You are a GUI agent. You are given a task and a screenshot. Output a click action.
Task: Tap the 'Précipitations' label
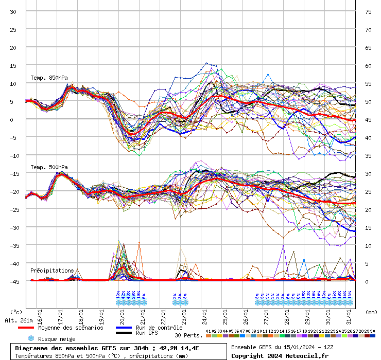(52, 270)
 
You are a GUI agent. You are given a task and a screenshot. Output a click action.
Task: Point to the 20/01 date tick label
(123, 314)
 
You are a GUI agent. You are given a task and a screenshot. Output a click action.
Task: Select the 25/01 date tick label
(226, 314)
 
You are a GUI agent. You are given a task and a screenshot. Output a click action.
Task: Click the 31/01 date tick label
(349, 314)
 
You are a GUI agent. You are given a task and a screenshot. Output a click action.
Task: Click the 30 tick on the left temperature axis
(13, 11)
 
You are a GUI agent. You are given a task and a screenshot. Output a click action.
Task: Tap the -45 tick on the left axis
(13, 281)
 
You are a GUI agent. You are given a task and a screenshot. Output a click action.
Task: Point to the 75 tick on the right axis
(368, 11)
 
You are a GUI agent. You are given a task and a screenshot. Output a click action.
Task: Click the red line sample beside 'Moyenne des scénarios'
(26, 328)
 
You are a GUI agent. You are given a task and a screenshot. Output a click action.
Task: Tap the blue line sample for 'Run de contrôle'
(123, 328)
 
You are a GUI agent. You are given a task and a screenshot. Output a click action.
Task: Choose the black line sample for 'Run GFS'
(123, 333)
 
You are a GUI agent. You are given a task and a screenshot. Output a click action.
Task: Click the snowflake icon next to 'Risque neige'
(31, 338)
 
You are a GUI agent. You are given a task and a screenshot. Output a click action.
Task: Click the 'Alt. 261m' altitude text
(19, 320)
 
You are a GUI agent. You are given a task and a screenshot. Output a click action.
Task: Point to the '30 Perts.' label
(188, 335)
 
